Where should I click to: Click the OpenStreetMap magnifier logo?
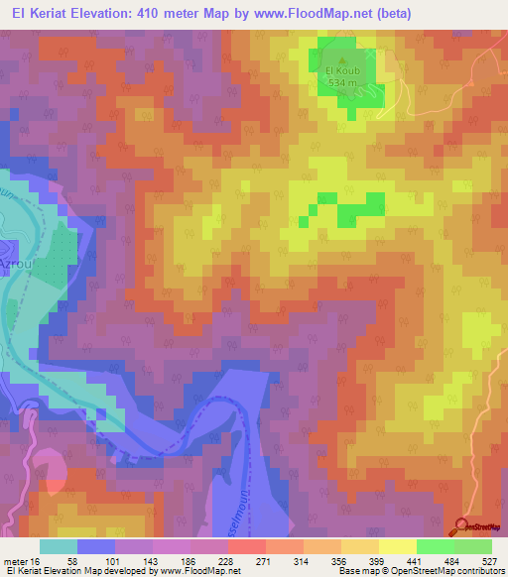tap(462, 525)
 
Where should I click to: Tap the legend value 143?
tap(150, 560)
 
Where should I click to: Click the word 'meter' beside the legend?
tap(14, 560)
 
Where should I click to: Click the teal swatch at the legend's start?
tap(59, 546)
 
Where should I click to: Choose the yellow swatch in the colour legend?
tap(398, 546)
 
